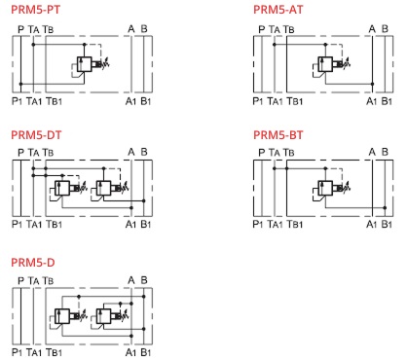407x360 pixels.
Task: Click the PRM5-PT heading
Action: [36, 10]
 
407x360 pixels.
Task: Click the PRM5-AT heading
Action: [278, 10]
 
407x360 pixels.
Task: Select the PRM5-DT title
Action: [36, 134]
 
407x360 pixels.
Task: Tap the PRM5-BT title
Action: [278, 134]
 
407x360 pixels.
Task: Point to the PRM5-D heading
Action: [33, 262]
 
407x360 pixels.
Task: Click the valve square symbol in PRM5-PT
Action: [85, 64]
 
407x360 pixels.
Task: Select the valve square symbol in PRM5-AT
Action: [325, 64]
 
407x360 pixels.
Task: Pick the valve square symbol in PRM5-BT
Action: [325, 188]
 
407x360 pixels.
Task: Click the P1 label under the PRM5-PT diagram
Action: [17, 101]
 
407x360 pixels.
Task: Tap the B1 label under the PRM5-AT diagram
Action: [387, 101]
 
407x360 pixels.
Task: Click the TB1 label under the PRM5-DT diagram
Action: [54, 224]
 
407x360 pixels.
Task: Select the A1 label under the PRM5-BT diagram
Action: [371, 224]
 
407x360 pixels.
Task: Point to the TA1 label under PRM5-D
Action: [34, 352]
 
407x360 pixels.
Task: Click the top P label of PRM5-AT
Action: [262, 29]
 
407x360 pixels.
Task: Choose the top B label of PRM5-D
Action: [144, 280]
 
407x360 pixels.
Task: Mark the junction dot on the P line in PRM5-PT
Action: [20, 84]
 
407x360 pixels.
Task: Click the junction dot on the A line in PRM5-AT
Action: [372, 84]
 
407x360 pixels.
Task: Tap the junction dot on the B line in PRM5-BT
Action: [385, 207]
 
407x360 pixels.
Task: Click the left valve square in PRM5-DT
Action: [62, 188]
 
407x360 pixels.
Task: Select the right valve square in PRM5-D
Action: [103, 316]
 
